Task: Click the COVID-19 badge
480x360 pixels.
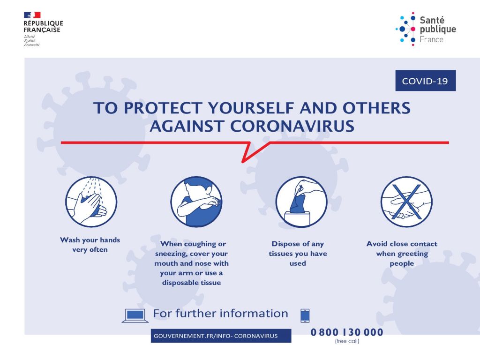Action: coord(426,81)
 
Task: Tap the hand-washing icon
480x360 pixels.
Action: coord(91,202)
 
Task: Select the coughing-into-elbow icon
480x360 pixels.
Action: coord(196,202)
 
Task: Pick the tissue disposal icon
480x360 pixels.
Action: coord(301,202)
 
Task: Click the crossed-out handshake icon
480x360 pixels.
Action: coord(406,202)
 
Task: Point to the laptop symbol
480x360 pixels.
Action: coord(135,315)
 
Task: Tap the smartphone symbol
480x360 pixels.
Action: coord(305,315)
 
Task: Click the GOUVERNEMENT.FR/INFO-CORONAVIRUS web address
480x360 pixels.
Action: coord(216,336)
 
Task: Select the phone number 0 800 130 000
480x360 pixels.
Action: coord(347,332)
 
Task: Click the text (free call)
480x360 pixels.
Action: coord(347,341)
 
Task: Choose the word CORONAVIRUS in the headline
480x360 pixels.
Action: coord(292,126)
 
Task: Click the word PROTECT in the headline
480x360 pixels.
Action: coord(163,108)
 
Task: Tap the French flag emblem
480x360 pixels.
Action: coord(32,15)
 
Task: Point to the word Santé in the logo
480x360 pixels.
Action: coord(432,20)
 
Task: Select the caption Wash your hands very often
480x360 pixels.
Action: coord(90,245)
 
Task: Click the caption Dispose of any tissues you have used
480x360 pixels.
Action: coord(298,254)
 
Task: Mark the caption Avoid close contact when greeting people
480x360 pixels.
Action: coord(402,254)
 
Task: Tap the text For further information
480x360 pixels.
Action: coord(220,314)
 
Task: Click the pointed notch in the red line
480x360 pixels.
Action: coord(243,162)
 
